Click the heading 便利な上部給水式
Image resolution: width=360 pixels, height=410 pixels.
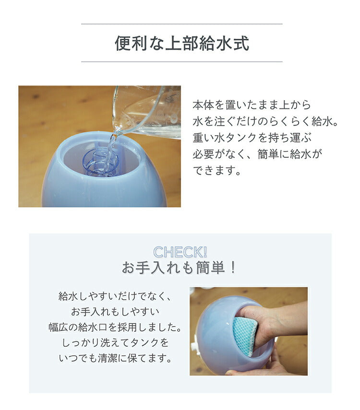pos(181,43)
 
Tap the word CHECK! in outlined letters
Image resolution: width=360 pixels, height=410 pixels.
pos(180,252)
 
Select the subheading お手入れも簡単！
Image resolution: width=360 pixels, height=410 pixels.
pos(180,268)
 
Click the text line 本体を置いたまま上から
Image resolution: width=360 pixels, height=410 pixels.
pos(252,105)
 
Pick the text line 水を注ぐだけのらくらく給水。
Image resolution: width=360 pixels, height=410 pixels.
pos(265,121)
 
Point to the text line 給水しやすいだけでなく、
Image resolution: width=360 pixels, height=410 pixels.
pos(114,297)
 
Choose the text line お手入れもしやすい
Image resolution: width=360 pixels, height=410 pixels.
pos(114,312)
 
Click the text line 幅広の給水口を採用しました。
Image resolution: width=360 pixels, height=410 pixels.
pos(114,328)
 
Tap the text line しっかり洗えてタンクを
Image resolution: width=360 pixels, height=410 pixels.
pos(114,343)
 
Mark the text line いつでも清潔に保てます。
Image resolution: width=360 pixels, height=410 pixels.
pos(114,358)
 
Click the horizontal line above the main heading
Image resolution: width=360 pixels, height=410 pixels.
pos(181,24)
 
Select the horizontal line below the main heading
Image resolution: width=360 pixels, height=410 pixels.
pos(181,61)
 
